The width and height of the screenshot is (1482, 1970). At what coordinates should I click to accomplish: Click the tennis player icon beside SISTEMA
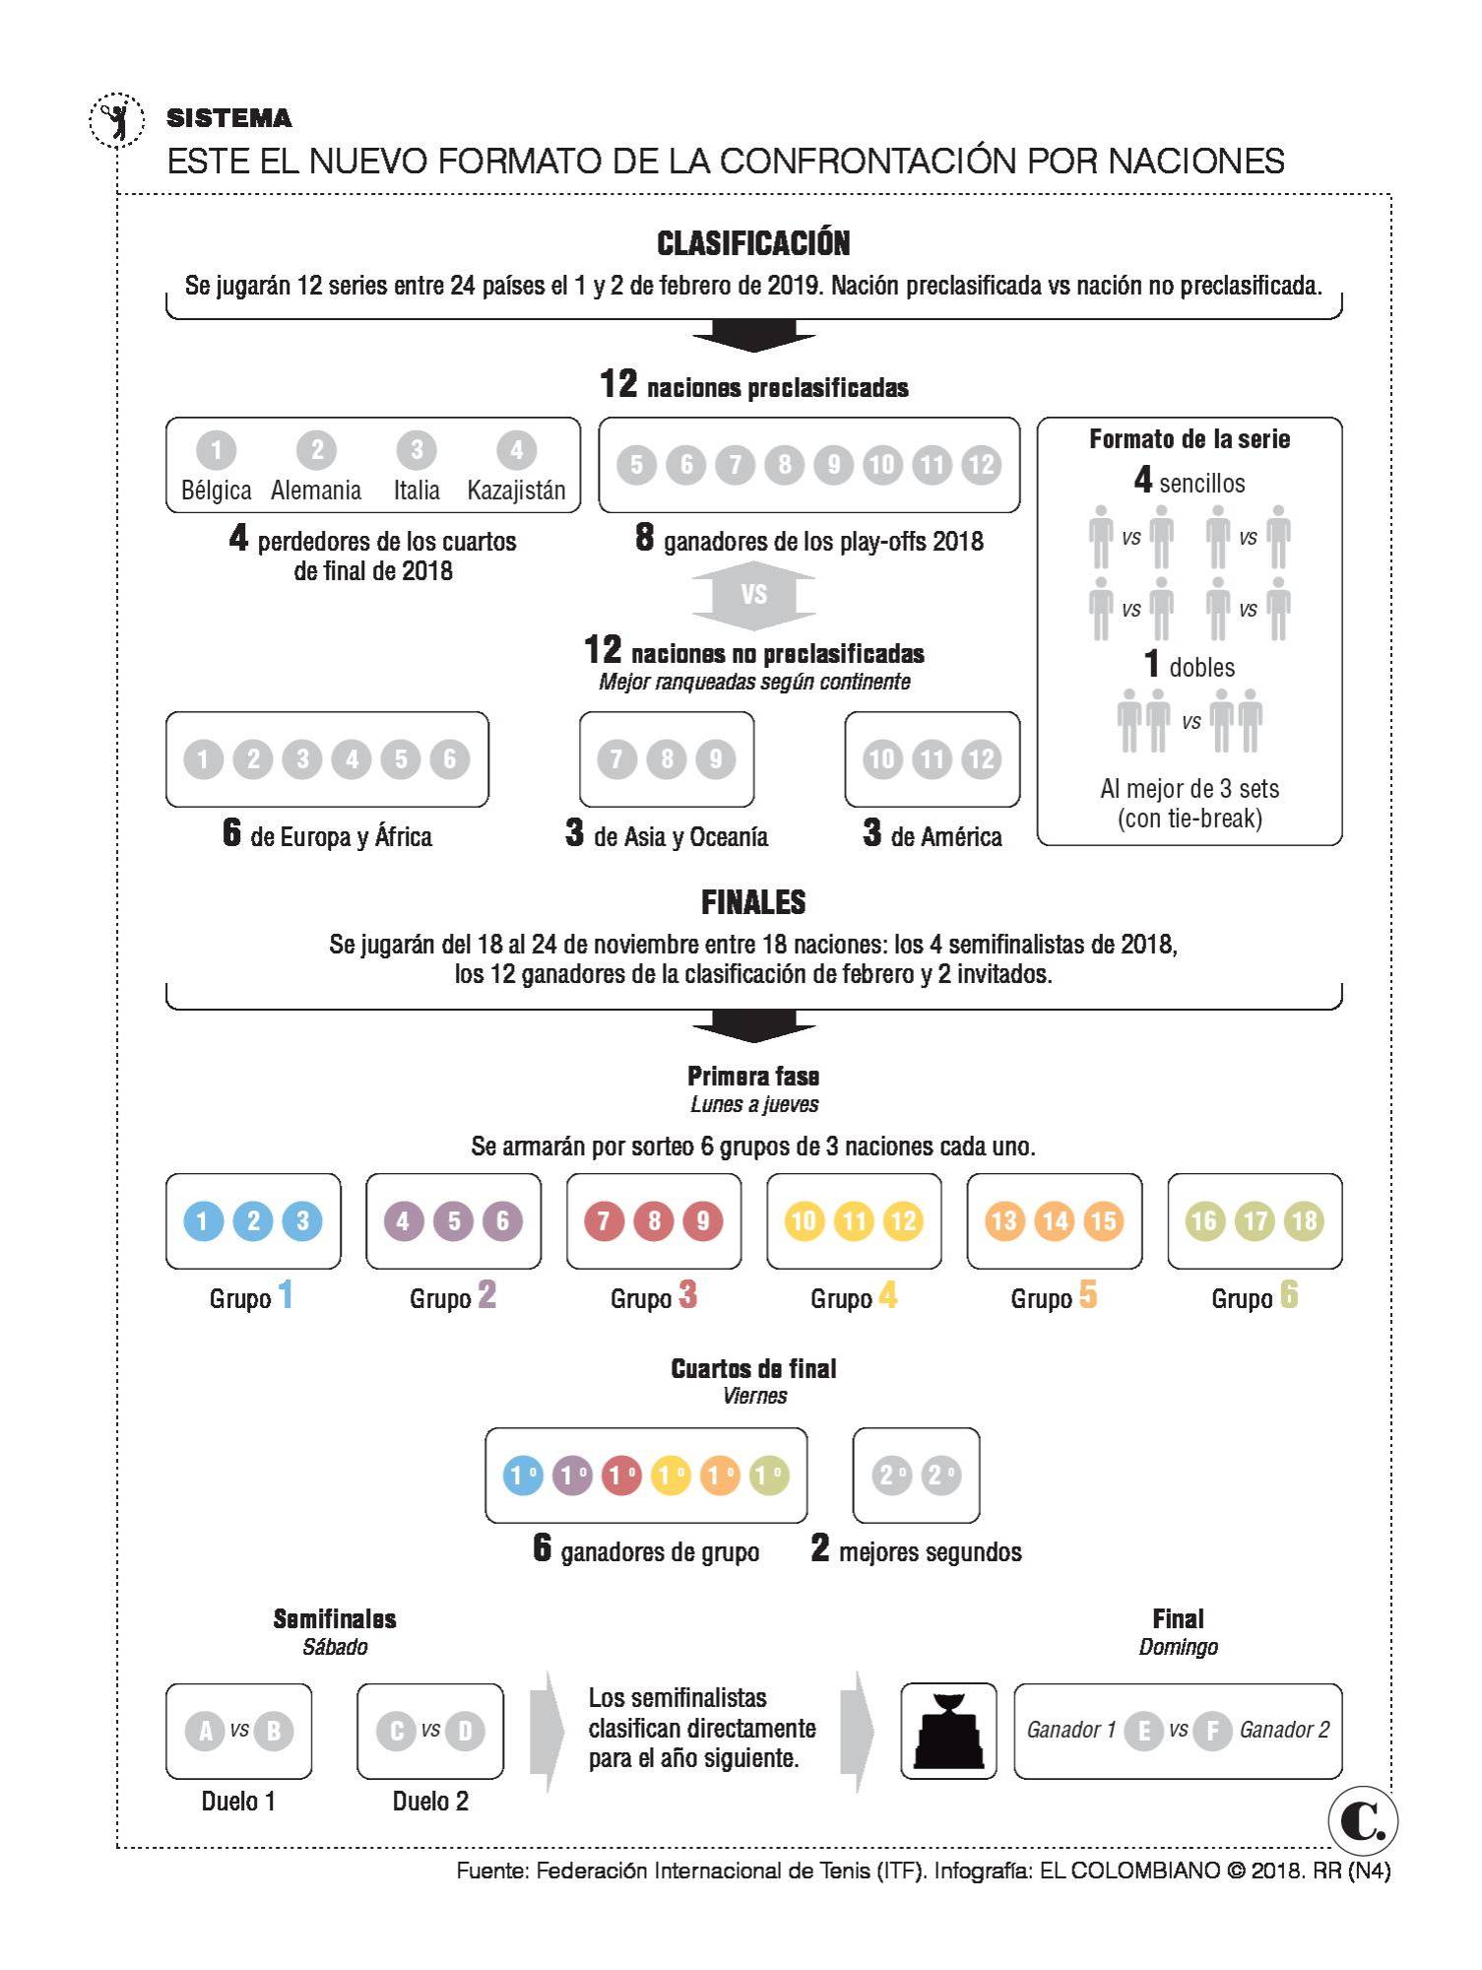(116, 121)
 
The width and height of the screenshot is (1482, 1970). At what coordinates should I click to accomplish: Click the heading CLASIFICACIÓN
(753, 243)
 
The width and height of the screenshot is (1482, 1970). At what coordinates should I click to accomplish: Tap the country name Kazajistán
(516, 491)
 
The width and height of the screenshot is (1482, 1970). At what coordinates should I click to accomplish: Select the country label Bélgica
(216, 491)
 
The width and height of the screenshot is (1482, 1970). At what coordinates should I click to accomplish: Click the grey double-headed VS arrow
(753, 595)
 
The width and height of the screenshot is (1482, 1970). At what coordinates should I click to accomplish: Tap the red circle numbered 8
(654, 1221)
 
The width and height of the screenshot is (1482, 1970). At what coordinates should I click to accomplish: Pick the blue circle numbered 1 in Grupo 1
(203, 1221)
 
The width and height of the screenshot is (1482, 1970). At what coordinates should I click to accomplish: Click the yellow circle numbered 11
(854, 1221)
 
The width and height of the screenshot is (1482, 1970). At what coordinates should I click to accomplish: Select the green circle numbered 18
(1304, 1221)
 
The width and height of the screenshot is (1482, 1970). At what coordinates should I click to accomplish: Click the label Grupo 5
(1054, 1296)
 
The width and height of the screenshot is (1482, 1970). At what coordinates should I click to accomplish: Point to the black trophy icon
(948, 1731)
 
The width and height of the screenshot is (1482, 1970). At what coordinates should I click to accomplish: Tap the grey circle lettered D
(465, 1731)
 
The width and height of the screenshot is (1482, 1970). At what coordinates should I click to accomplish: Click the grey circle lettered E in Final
(1143, 1731)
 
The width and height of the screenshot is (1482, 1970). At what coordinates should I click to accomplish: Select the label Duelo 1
(238, 1802)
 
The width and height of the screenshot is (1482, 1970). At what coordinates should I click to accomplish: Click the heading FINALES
(753, 902)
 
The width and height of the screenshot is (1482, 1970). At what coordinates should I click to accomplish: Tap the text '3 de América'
(933, 834)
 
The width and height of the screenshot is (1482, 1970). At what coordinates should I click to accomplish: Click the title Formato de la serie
(1189, 439)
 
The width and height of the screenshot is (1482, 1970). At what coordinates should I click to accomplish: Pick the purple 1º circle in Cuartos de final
(571, 1476)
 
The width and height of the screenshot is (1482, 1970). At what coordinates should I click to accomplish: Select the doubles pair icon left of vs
(1142, 720)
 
